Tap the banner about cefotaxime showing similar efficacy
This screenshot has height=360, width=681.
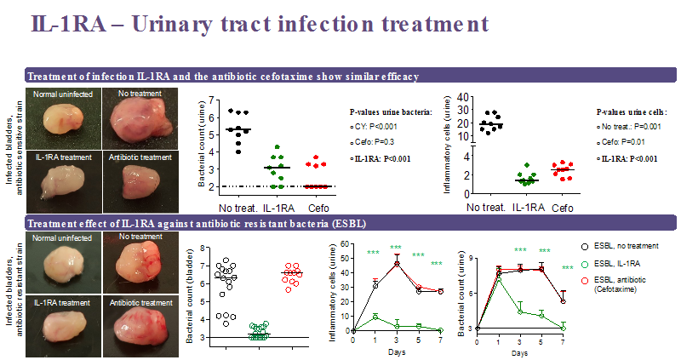tap(223, 77)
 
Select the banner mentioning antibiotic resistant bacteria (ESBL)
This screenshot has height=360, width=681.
tap(187, 224)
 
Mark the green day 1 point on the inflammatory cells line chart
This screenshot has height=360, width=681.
tap(375, 317)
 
